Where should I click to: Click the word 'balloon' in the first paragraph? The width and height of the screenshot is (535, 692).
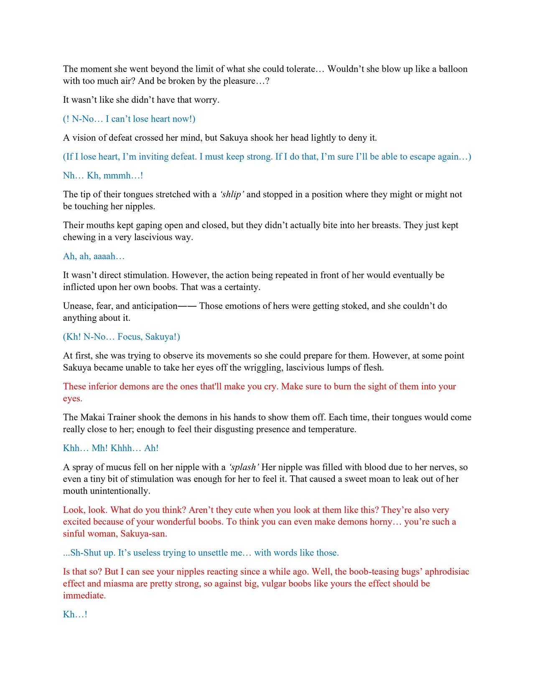click(x=453, y=69)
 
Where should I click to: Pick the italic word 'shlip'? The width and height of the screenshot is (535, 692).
click(x=232, y=194)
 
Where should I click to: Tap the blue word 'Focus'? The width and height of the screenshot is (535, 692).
click(x=129, y=337)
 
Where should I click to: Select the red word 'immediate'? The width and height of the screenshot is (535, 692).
click(x=84, y=595)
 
